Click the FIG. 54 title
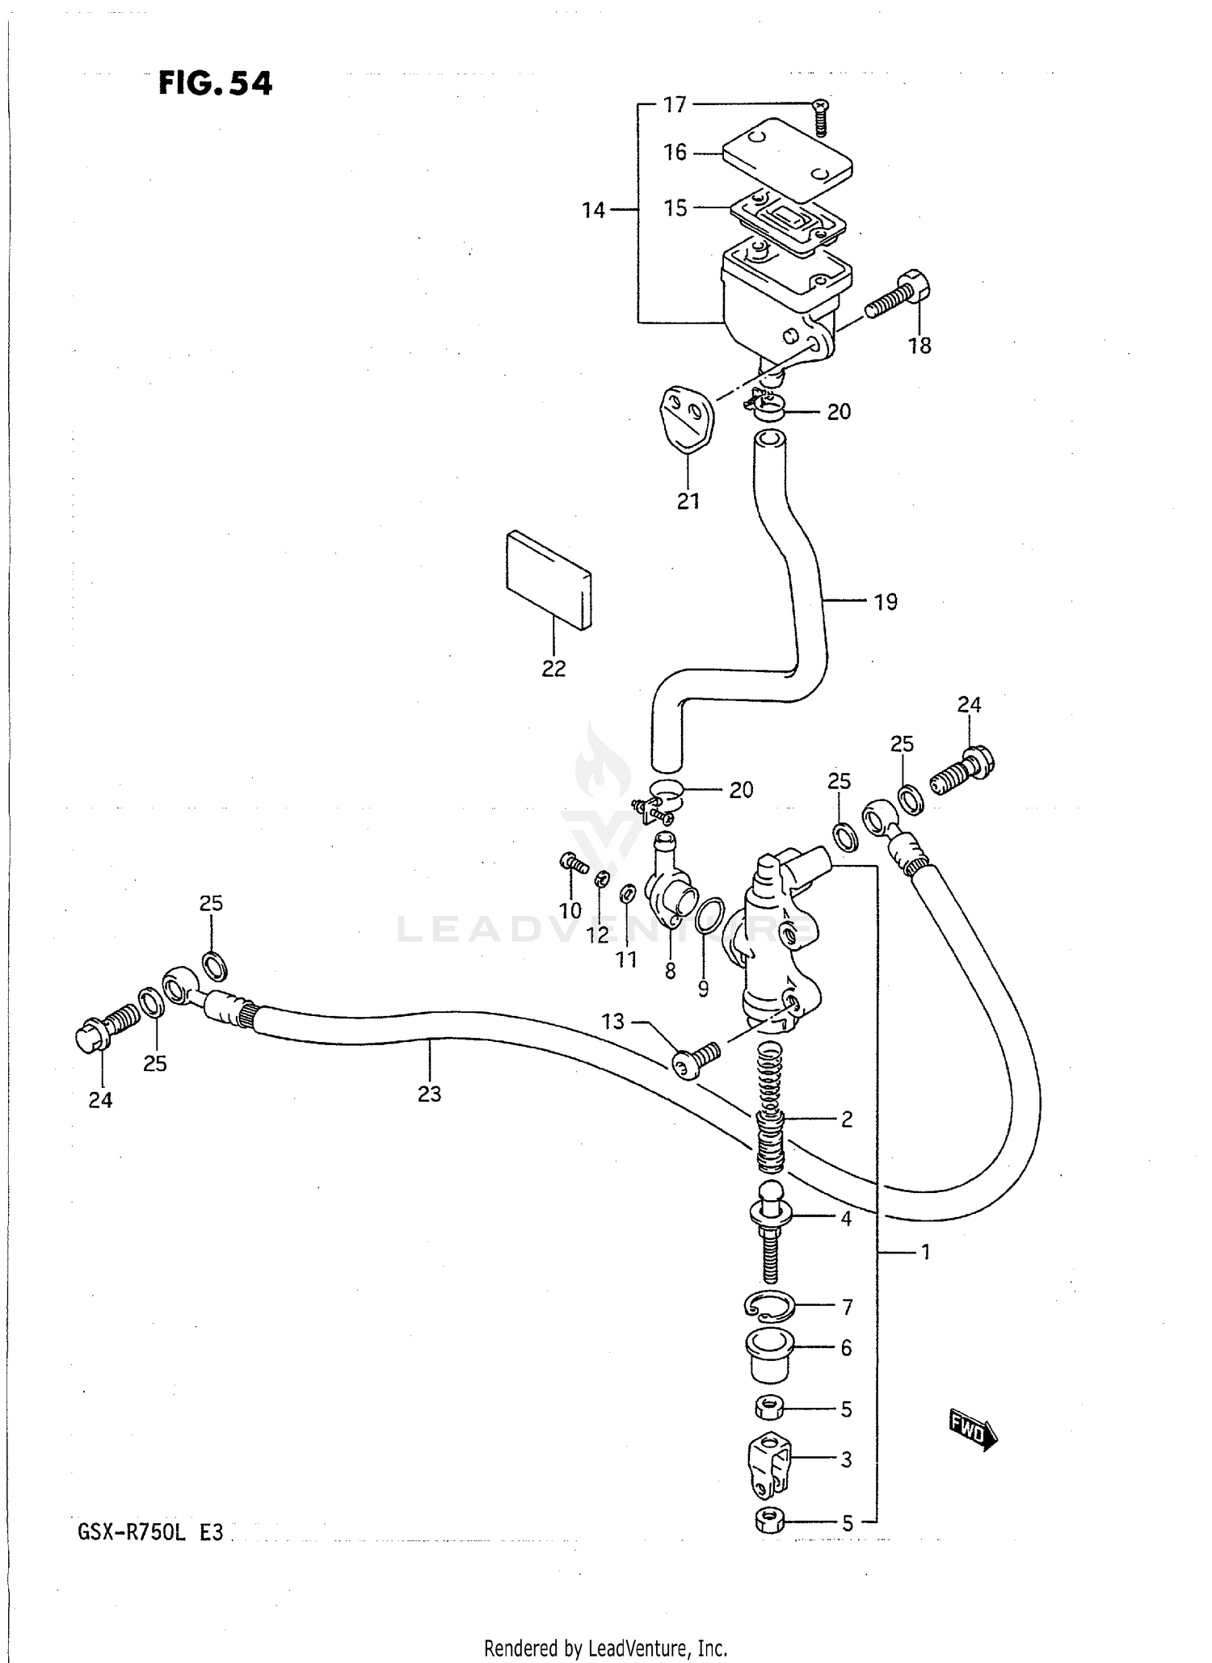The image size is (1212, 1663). click(x=216, y=83)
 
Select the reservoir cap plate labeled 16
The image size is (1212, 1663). click(x=787, y=159)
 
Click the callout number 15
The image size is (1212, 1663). click(x=675, y=208)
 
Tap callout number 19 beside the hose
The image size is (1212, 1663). click(x=886, y=602)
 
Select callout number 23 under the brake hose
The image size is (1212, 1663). click(x=430, y=1094)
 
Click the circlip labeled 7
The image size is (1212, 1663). click(x=768, y=1307)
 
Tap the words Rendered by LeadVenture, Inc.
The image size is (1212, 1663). click(x=606, y=1647)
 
